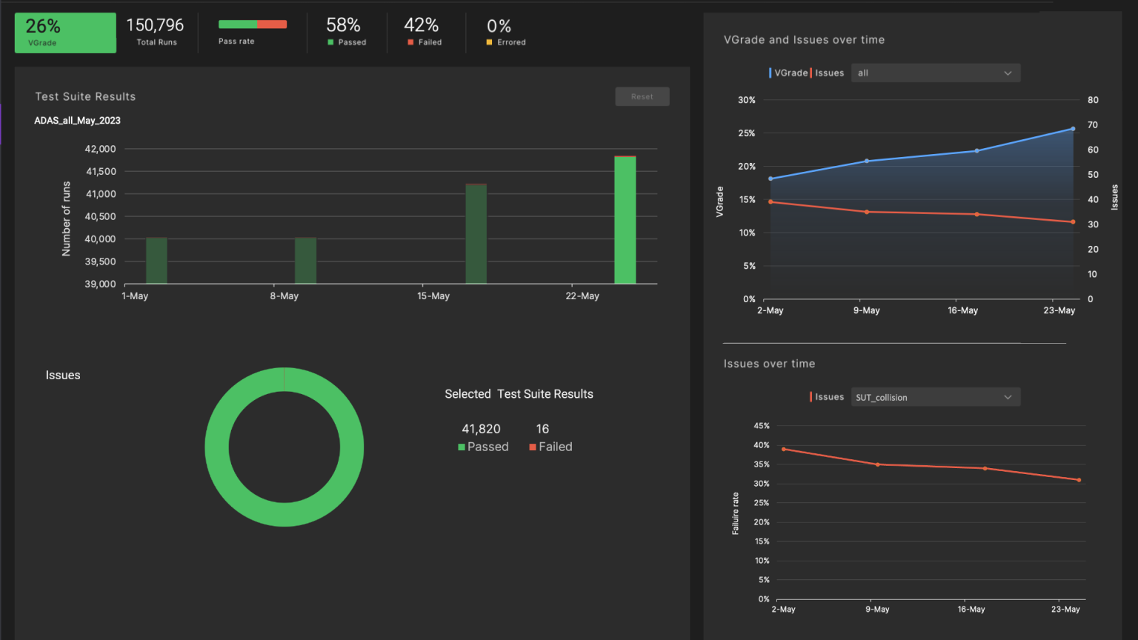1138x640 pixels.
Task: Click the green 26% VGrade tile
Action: (65, 33)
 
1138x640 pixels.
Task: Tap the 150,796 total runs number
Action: (155, 25)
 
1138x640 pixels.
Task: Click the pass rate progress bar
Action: (252, 24)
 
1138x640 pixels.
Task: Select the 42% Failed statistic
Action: (422, 26)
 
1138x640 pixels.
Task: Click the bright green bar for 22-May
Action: (625, 220)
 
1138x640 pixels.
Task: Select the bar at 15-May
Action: (476, 233)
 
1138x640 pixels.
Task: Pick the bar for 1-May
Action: (156, 260)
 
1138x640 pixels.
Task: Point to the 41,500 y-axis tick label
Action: (101, 171)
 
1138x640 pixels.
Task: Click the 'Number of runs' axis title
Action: (67, 219)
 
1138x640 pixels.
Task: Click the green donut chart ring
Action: (217, 447)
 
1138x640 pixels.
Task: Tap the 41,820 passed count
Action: (481, 429)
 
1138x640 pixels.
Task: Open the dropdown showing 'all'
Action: (934, 73)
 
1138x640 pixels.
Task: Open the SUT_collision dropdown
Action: (934, 397)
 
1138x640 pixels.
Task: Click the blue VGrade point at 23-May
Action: (1072, 129)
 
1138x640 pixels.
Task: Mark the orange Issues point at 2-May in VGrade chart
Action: (771, 201)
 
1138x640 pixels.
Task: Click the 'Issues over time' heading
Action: (769, 364)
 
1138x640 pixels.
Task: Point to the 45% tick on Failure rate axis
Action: (761, 426)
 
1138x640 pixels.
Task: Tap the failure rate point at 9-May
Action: (878, 464)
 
